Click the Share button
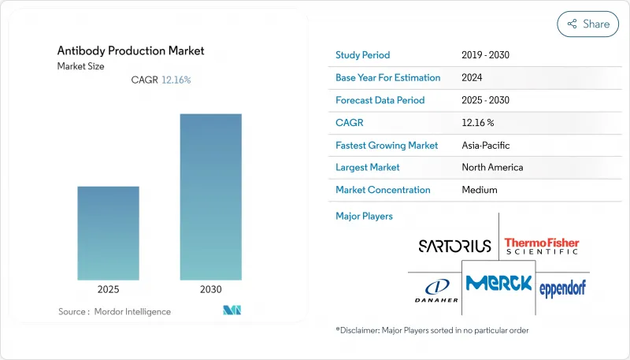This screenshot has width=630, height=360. click(x=587, y=24)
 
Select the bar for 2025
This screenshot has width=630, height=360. click(x=108, y=233)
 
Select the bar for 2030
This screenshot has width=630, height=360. click(x=211, y=197)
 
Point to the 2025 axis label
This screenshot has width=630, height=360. click(x=108, y=290)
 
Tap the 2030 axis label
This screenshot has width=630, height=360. click(x=211, y=290)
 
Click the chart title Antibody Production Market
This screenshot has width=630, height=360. click(x=131, y=50)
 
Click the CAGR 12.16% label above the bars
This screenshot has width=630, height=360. click(x=161, y=80)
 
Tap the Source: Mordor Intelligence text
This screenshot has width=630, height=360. click(x=114, y=312)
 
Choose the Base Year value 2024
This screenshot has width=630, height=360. click(x=473, y=78)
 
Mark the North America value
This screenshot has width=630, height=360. click(x=492, y=167)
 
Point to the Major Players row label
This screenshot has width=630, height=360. click(x=364, y=216)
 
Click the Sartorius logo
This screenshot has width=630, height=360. click(x=454, y=246)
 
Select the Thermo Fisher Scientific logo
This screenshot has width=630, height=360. click(x=542, y=246)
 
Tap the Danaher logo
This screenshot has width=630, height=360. click(x=435, y=289)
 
